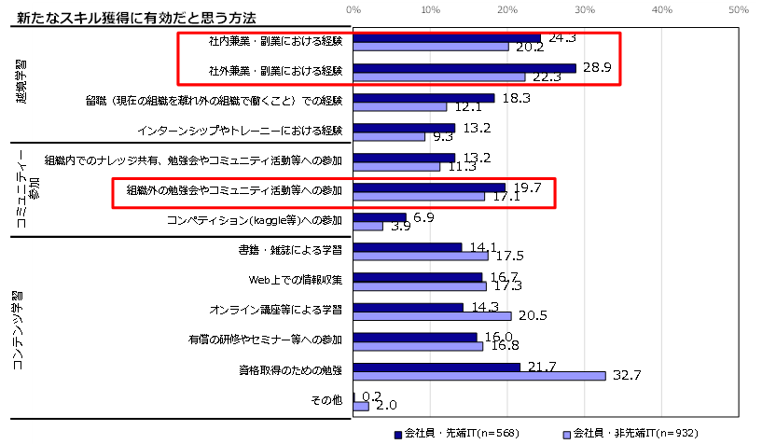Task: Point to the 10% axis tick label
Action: coord(431,9)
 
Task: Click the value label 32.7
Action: coord(625,375)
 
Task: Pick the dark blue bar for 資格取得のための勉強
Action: coord(436,367)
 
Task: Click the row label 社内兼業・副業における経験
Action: coord(276,42)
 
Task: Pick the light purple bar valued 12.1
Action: coord(400,107)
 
